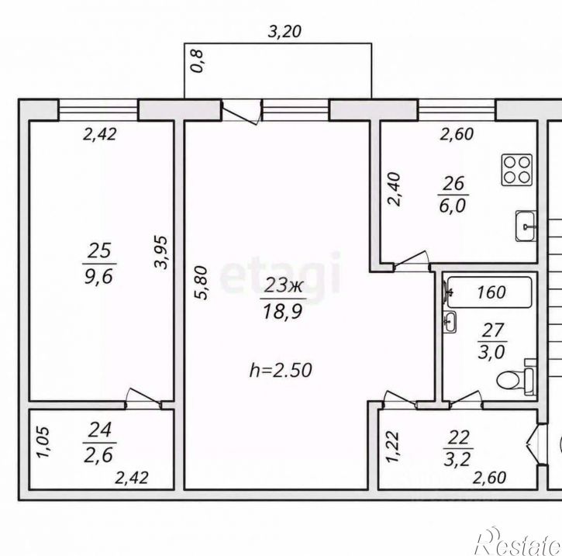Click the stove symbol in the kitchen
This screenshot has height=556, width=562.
coord(517,170)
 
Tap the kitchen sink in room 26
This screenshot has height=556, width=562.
coord(526,226)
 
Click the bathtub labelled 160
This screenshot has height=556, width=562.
coord(490,292)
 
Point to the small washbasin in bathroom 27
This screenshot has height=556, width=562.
coord(450,322)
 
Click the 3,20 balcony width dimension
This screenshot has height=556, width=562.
coord(284,32)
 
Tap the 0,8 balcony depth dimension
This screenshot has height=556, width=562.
coord(197,61)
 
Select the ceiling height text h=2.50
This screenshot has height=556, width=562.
coord(281,371)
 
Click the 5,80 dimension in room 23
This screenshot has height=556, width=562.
coord(201,282)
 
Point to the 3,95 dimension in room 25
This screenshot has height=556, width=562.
coord(160,252)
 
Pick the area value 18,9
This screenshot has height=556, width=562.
coord(283,311)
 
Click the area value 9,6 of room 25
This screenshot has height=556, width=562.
coord(99,277)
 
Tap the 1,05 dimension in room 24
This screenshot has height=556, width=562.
coord(43,442)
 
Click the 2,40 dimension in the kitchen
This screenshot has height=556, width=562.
coord(394,189)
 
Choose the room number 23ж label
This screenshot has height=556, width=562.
coord(284,286)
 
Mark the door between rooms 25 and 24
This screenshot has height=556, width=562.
coord(143,398)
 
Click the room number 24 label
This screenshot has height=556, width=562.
coord(99,430)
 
